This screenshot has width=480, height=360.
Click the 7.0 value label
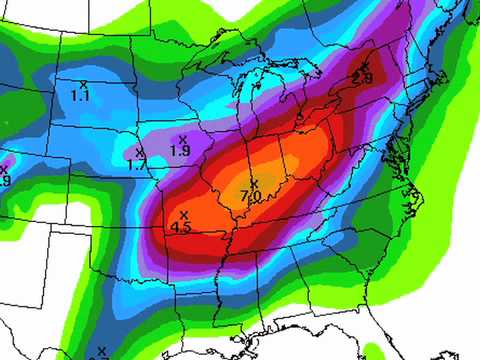[x=252, y=197]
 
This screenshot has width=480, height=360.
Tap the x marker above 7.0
[x=253, y=185]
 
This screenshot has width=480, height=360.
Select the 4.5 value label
[x=182, y=227]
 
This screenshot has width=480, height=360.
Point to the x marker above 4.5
[x=183, y=215]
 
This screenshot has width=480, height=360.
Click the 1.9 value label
[x=181, y=151]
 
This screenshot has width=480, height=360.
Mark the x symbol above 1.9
[x=182, y=138]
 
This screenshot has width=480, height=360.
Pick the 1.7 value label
[x=139, y=164]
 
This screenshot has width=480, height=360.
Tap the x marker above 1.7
[x=139, y=152]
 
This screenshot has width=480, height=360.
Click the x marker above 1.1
[x=83, y=83]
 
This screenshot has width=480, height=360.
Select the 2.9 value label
[x=364, y=77]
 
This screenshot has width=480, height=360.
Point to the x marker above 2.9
[x=364, y=66]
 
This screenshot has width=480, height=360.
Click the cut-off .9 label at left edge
[x=5, y=181]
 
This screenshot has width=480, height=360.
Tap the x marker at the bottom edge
[x=101, y=351]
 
